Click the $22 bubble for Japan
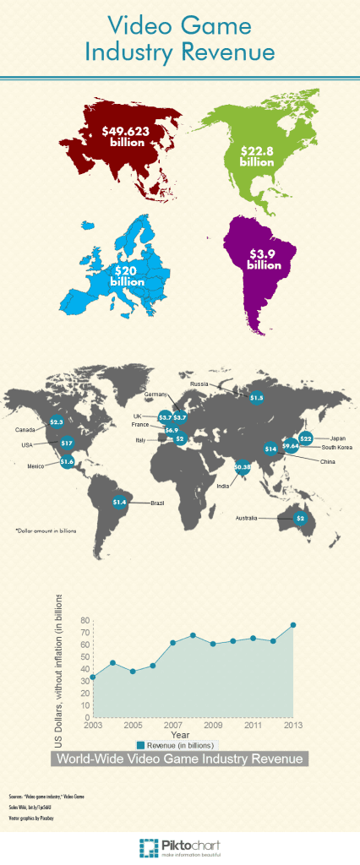pyautogui.click(x=306, y=438)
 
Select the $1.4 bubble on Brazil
pyautogui.click(x=119, y=502)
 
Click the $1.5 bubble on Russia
pyautogui.click(x=256, y=397)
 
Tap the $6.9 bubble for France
pyautogui.click(x=172, y=430)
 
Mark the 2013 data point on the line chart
pyautogui.click(x=293, y=625)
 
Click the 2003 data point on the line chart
pyautogui.click(x=92, y=677)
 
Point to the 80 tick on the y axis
pyautogui.click(x=85, y=620)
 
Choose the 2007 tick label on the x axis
pyautogui.click(x=173, y=726)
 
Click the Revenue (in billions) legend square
pyautogui.click(x=141, y=744)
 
